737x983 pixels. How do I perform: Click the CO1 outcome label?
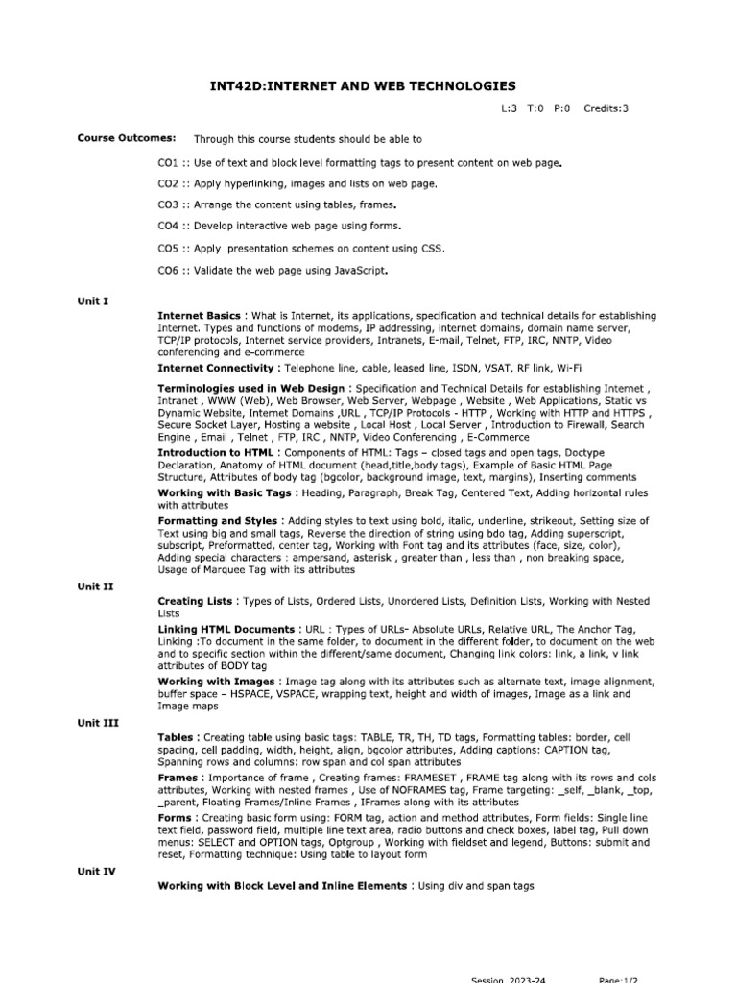169,163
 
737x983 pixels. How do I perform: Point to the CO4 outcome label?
169,227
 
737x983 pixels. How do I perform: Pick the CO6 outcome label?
169,271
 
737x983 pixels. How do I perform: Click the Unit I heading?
93,300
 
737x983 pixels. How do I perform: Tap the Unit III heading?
97,723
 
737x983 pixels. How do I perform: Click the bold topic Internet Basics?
200,315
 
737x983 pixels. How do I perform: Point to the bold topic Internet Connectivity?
216,368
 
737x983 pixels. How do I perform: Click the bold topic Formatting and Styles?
217,520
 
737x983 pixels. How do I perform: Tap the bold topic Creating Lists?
195,600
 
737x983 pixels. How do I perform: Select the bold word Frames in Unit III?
178,778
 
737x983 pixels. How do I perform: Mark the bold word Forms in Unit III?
176,818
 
